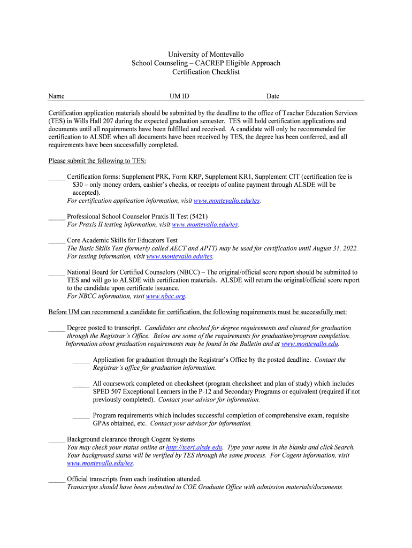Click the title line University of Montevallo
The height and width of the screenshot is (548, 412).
(205, 55)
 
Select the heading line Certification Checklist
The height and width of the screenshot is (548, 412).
(205, 72)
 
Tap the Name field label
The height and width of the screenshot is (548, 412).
(56, 96)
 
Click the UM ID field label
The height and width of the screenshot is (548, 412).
(179, 96)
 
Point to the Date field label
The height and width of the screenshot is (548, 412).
(273, 96)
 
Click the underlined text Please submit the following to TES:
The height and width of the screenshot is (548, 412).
(97, 161)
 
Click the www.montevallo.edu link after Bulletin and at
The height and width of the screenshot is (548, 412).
(309, 345)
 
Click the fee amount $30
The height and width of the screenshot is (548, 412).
(78, 185)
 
